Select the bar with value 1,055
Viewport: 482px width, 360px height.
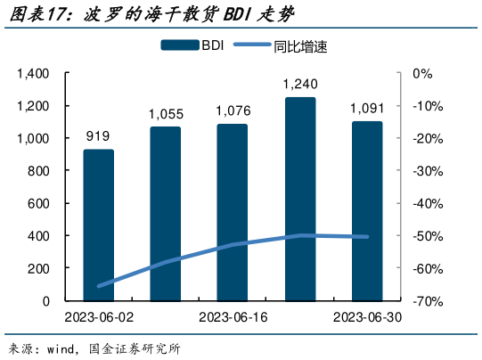pos(165,214)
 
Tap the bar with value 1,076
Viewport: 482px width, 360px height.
pos(232,212)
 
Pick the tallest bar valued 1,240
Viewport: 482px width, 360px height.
pos(300,199)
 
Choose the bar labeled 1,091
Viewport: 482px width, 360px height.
pos(366,211)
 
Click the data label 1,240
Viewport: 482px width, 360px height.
pos(300,85)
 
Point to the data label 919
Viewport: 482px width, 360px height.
pos(98,136)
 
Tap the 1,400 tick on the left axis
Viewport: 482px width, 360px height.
pos(34,74)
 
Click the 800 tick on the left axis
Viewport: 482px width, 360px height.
pos(40,171)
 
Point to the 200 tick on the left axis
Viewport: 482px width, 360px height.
pos(40,268)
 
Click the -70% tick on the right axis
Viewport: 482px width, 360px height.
pos(426,301)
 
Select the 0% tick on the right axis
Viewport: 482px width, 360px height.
pos(421,74)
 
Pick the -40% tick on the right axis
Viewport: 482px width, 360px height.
pos(426,204)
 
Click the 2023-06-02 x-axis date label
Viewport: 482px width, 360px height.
pos(98,318)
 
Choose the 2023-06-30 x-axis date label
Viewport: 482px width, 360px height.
pos(366,318)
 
